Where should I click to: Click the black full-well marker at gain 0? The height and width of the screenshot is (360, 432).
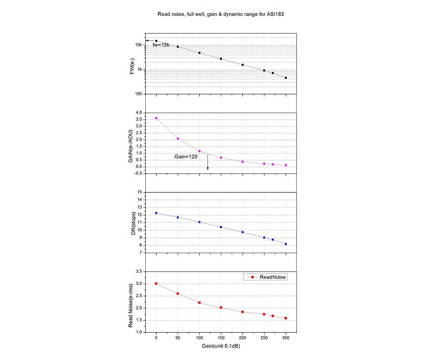click(156, 41)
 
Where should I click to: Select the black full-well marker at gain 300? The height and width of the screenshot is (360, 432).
click(286, 78)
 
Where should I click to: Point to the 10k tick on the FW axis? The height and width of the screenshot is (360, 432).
click(138, 45)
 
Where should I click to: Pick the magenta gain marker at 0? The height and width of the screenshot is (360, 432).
click(156, 118)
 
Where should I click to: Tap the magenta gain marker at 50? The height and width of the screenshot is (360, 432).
click(178, 138)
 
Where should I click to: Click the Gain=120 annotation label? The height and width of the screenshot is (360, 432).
click(186, 156)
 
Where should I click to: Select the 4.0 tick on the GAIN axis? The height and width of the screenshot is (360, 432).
click(138, 113)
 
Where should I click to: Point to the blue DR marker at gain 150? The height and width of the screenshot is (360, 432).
click(221, 227)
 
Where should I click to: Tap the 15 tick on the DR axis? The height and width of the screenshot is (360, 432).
click(140, 192)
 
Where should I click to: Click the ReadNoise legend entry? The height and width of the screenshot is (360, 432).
click(267, 277)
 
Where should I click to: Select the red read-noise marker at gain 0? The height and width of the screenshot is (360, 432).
click(156, 284)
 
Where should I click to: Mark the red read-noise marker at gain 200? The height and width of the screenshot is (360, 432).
click(242, 312)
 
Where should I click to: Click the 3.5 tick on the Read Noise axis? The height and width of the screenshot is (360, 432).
click(138, 272)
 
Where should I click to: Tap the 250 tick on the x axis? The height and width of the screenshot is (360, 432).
click(264, 338)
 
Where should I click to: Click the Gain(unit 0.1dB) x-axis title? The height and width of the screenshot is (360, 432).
click(221, 346)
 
